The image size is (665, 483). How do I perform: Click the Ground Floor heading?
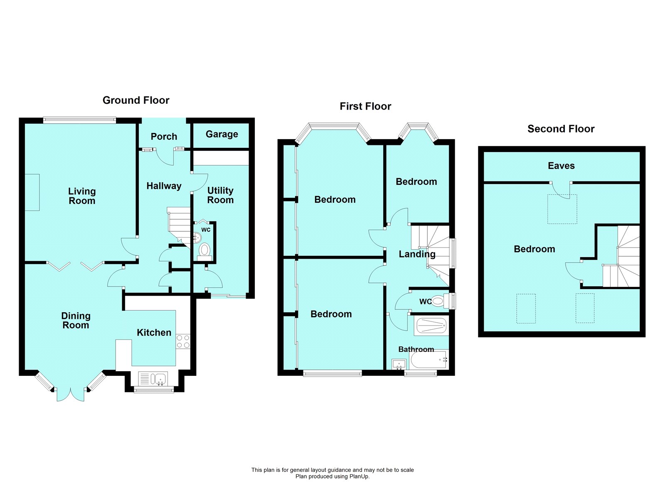click(x=136, y=100)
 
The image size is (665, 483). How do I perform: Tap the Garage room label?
click(x=222, y=134)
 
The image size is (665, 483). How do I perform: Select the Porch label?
click(x=164, y=137)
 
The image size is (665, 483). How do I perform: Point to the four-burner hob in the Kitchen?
click(x=183, y=341)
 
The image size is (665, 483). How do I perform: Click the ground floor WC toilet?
click(x=204, y=250)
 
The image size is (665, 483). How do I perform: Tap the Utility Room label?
click(x=220, y=195)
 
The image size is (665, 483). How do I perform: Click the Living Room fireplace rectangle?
click(x=32, y=192)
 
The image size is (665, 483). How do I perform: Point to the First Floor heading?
click(x=365, y=106)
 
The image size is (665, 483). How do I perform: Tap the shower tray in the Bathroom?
click(x=431, y=326)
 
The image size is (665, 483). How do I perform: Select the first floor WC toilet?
click(x=438, y=301)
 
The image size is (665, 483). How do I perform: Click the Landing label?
click(x=417, y=254)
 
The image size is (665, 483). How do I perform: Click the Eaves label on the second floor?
click(x=561, y=166)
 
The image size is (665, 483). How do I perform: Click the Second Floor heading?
click(x=561, y=129)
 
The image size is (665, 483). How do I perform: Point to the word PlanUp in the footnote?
click(x=359, y=476)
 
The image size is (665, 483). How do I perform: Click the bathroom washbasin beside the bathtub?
click(x=399, y=364)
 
